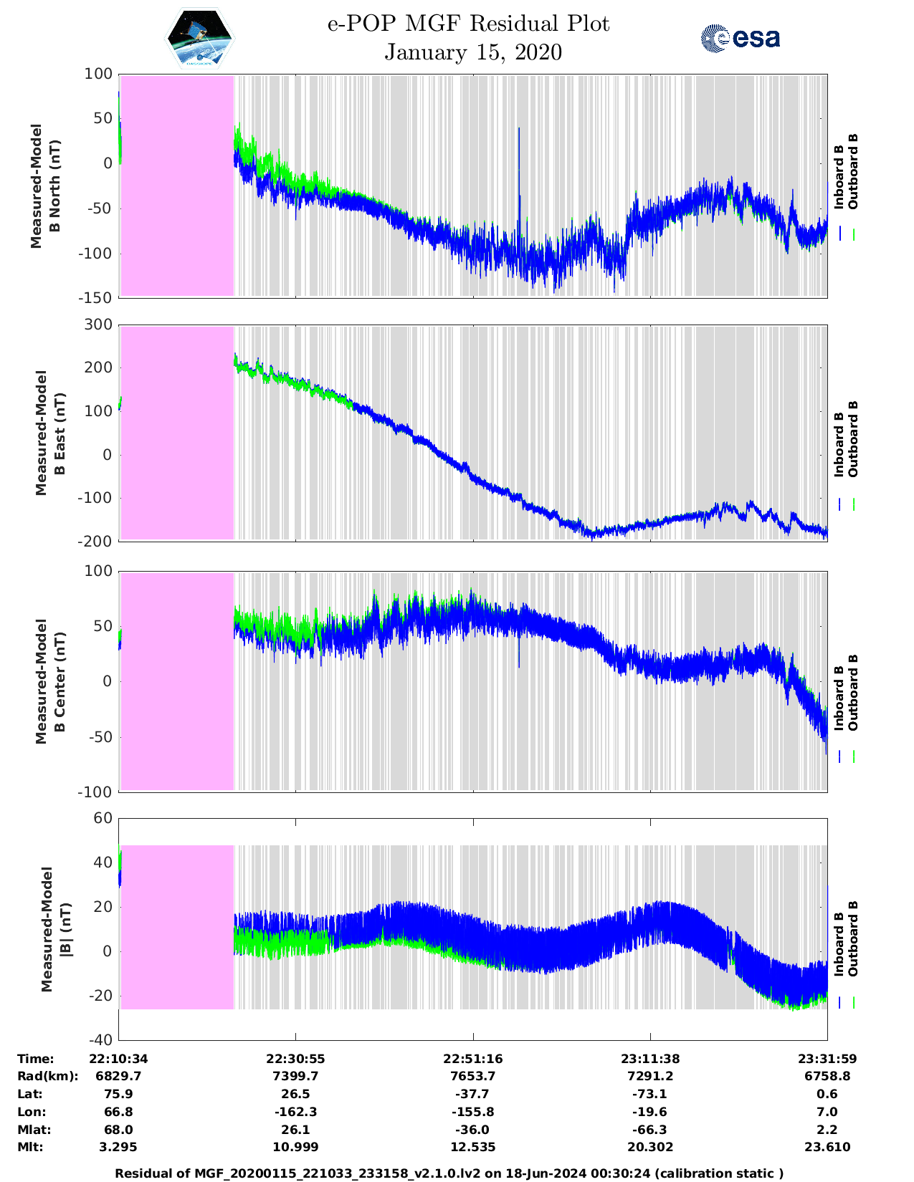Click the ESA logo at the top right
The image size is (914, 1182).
pos(740,38)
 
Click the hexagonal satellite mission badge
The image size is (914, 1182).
pos(200,39)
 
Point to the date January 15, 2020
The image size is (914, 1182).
pos(473,52)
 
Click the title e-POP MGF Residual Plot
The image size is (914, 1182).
pos(469,24)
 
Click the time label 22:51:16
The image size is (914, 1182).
pos(472,1059)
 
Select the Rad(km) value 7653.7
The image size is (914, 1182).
pos(472,1076)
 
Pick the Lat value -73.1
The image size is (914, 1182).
pos(650,1094)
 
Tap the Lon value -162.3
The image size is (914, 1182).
pos(295,1112)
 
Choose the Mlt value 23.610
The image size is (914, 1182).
pos(827,1147)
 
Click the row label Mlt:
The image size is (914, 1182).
pos(30,1147)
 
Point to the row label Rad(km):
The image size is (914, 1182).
pos(47,1076)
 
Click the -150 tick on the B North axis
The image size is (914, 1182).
pos(97,298)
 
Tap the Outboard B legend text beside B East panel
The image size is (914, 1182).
pos(853,438)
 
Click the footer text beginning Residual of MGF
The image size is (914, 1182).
pos(449,1173)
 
